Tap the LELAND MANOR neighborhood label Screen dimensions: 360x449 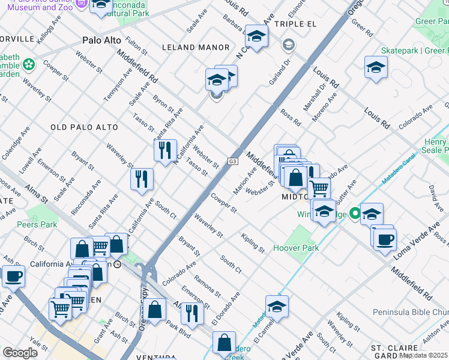pyautogui.click(x=195, y=47)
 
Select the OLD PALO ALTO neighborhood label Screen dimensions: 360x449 pyautogui.click(x=85, y=127)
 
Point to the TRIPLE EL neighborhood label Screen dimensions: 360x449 pyautogui.click(x=295, y=23)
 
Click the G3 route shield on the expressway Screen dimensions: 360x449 pyautogui.click(x=233, y=161)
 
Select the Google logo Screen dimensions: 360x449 pyautogui.click(x=20, y=352)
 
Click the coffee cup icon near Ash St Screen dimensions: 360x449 pyautogui.click(x=13, y=277)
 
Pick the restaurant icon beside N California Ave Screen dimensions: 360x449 pyautogui.click(x=165, y=149)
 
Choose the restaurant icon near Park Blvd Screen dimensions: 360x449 pyautogui.click(x=192, y=313)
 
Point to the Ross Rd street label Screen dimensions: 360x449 pyautogui.click(x=290, y=118)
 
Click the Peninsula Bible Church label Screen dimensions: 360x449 pyautogui.click(x=411, y=312)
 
